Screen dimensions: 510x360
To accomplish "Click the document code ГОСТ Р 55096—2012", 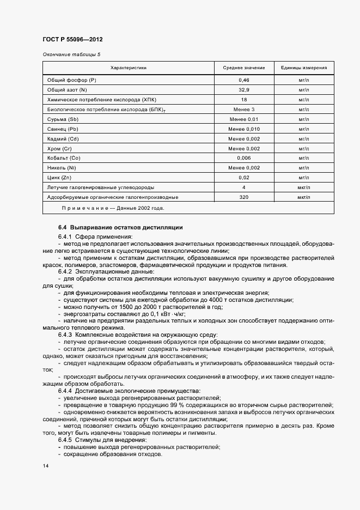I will coord(72,39).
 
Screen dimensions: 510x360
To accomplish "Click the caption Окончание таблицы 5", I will coord(71,54).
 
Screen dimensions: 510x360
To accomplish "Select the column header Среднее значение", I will coord(243,68).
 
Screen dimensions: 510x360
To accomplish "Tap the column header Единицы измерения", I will coord(303,68).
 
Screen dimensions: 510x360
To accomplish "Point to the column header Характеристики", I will coord(129,68).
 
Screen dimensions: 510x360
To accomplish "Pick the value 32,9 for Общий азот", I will coord(243,90).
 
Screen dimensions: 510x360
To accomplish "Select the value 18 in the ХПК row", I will coord(243,100).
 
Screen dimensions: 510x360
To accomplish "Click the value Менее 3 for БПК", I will coord(243,110).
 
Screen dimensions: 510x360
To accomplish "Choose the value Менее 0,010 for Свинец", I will coord(243,129).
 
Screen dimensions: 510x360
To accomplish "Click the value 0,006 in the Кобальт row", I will coord(243,158).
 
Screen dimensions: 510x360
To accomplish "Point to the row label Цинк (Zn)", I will coord(60,178).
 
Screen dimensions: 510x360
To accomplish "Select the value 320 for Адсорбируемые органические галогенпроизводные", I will coord(243,197).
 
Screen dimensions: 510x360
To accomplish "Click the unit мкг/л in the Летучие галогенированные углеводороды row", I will coord(303,187).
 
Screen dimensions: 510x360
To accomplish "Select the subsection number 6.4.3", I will coord(65,334).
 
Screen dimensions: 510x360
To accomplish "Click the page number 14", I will coord(45,466).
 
